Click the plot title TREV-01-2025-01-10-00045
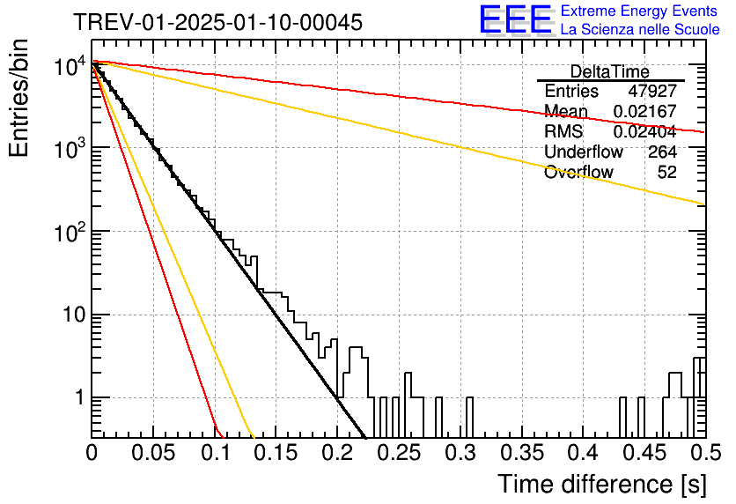(x=218, y=22)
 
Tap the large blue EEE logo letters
(x=515, y=20)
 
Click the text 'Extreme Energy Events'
(x=639, y=11)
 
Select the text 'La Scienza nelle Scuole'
(x=640, y=29)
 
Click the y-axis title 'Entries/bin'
(x=18, y=98)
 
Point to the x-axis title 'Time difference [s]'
(x=602, y=484)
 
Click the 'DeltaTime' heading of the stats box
(x=610, y=71)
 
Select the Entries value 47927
(x=652, y=91)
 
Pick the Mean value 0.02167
(x=645, y=111)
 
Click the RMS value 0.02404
(x=645, y=131)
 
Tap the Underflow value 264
(x=662, y=152)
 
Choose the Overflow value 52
(x=667, y=172)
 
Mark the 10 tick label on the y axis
(x=75, y=315)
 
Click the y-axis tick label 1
(x=79, y=398)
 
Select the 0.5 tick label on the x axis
(x=705, y=453)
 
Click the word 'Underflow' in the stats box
(x=584, y=152)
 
